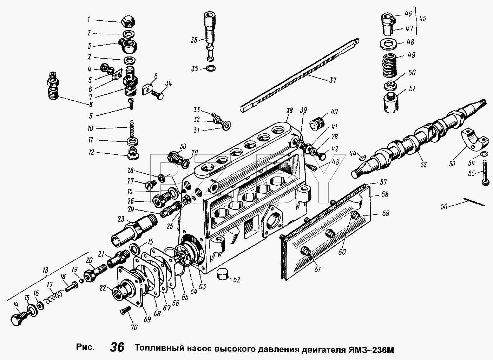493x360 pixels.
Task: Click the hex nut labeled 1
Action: (x=128, y=21)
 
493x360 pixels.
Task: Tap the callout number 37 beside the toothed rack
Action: (x=333, y=80)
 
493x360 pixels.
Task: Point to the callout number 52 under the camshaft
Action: (x=423, y=164)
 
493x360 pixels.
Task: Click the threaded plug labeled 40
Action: (x=317, y=125)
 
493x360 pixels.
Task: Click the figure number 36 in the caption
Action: (x=117, y=347)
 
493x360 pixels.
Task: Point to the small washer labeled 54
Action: (x=482, y=154)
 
